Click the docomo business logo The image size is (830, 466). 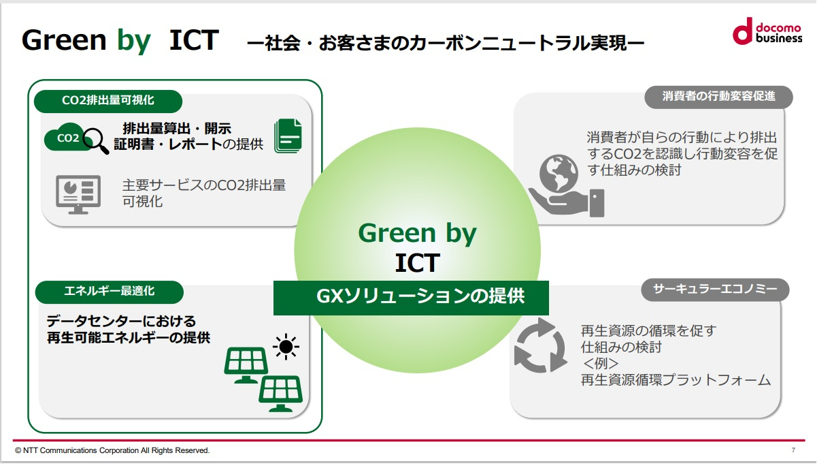767,31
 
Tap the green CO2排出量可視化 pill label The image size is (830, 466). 107,101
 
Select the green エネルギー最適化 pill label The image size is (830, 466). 110,292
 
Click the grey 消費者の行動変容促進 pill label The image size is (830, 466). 718,97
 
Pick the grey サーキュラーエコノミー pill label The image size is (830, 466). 715,290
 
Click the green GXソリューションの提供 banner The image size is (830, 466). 411,298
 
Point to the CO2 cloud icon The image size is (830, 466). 67,137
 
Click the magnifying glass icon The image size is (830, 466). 96,140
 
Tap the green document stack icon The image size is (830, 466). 288,136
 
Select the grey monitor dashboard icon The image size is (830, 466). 78,194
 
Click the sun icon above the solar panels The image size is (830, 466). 286,347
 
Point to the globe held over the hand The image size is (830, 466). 559,173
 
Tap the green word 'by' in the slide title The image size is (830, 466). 134,41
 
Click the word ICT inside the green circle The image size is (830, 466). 417,263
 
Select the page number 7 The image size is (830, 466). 793,450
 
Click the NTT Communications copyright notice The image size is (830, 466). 112,450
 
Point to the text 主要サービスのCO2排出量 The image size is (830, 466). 204,185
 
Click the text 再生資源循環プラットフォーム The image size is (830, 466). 676,380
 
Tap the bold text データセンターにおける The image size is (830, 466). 121,321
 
